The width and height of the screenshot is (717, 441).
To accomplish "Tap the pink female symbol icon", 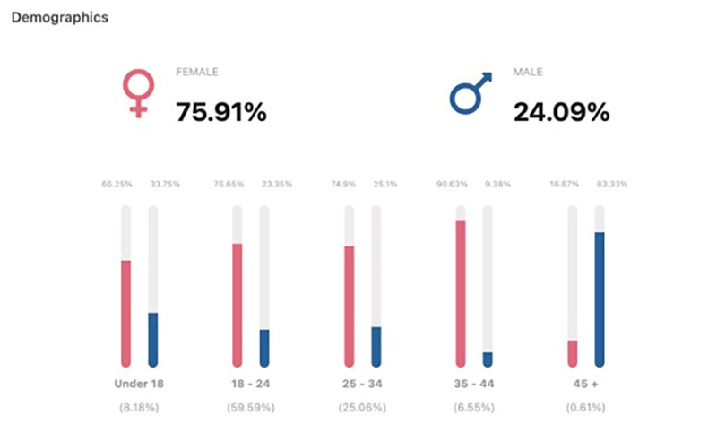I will click(138, 94).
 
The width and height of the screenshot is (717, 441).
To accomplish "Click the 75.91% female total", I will click(220, 113).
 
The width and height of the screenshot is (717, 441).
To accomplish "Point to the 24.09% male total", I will click(561, 113).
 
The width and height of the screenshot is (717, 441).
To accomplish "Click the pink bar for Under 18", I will click(126, 313).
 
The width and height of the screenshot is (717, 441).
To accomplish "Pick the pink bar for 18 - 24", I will click(238, 305).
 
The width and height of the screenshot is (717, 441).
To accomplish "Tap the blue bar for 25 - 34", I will click(376, 346).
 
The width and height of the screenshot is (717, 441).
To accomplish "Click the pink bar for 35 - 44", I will click(461, 293).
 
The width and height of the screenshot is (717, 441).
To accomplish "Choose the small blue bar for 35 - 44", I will click(488, 359).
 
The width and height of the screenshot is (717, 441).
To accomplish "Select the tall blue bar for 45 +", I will click(600, 298).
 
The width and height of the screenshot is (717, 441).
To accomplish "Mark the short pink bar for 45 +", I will click(573, 353).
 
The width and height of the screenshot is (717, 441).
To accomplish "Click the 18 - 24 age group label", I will click(250, 384).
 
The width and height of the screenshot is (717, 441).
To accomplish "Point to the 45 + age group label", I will click(586, 384).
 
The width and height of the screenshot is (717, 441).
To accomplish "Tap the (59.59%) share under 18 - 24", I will click(250, 408).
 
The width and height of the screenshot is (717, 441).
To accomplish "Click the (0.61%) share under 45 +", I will click(586, 408).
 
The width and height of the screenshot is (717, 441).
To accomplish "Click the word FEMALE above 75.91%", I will click(197, 72).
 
